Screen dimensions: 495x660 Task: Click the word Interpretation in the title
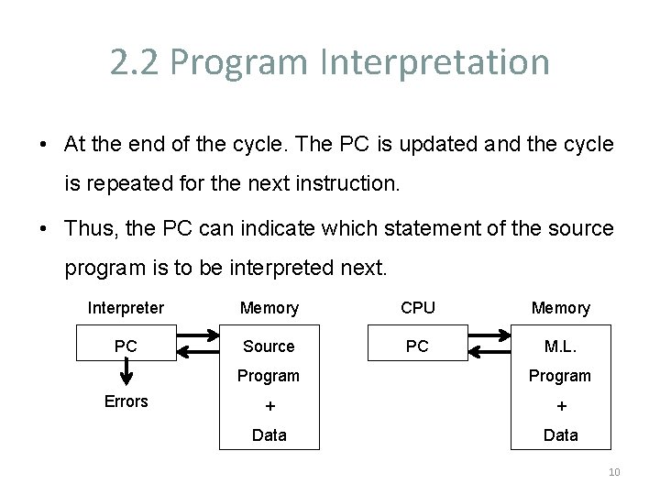point(435,62)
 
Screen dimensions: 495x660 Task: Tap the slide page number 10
point(613,472)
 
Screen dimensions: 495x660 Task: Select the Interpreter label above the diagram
point(126,308)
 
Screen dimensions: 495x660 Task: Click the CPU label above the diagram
point(418,308)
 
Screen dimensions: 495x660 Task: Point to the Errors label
point(126,401)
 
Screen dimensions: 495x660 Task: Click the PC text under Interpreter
point(126,346)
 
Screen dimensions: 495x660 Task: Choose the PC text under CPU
point(417,346)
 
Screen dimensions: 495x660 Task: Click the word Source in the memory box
point(269,346)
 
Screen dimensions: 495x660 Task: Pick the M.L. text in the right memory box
point(560,346)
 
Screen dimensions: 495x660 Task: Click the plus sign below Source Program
point(269,406)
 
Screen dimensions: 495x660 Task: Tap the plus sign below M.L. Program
point(561,406)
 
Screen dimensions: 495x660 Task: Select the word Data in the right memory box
point(561,435)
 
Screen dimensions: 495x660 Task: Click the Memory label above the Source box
point(269,308)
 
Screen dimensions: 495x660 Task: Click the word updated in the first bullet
point(416,144)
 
